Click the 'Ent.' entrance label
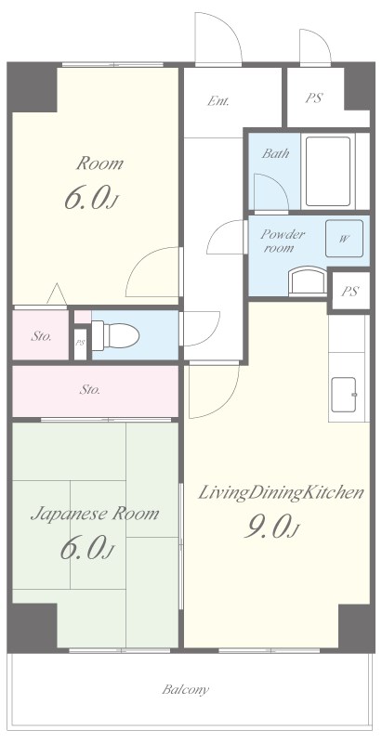(218, 101)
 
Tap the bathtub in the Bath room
(328, 171)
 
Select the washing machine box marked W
(344, 239)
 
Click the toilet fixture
(115, 335)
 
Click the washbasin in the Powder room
(308, 282)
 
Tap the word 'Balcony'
(185, 689)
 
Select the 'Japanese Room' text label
(95, 515)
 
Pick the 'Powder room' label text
(283, 241)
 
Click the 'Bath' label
(275, 153)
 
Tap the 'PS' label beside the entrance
(314, 98)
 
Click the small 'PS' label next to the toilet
(80, 343)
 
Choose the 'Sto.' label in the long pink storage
(89, 390)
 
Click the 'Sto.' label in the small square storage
(41, 337)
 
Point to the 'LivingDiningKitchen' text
(281, 493)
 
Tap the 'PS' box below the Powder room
(349, 291)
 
